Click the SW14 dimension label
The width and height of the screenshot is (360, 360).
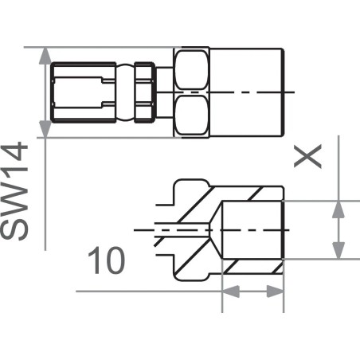17,192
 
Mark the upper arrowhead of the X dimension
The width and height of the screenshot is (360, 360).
340,209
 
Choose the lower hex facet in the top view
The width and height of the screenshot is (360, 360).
192,116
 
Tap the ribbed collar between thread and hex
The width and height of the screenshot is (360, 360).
143,92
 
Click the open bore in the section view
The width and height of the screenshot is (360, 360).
253,229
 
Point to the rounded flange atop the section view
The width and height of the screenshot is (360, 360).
185,191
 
